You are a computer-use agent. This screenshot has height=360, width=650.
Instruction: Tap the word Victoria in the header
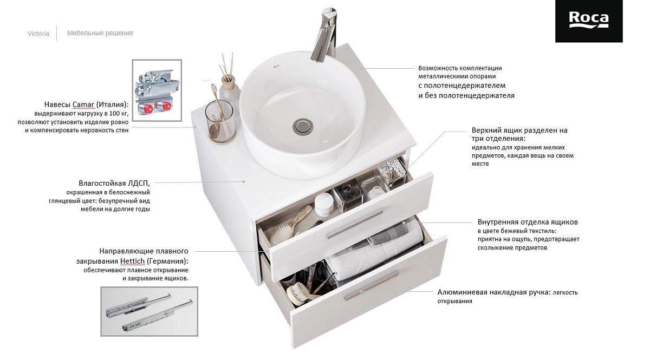(x=38, y=34)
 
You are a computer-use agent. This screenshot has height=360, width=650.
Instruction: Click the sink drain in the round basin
(x=303, y=126)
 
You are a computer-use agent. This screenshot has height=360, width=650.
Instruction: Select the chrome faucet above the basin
(x=324, y=34)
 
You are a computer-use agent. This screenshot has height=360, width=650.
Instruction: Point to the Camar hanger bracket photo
(x=157, y=90)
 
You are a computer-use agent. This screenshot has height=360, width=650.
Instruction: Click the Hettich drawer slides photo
(x=149, y=311)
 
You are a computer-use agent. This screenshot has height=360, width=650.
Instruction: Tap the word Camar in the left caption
(x=83, y=104)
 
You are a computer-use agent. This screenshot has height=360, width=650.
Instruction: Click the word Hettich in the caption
(x=132, y=261)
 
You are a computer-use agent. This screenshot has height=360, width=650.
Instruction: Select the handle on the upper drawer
(x=355, y=224)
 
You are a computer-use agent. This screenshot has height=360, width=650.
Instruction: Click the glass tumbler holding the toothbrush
(x=219, y=122)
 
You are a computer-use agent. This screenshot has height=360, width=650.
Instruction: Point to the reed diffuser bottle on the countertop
(x=229, y=87)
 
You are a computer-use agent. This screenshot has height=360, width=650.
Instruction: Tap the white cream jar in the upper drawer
(x=324, y=205)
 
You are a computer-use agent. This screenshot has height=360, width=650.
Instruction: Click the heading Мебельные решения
(x=100, y=33)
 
